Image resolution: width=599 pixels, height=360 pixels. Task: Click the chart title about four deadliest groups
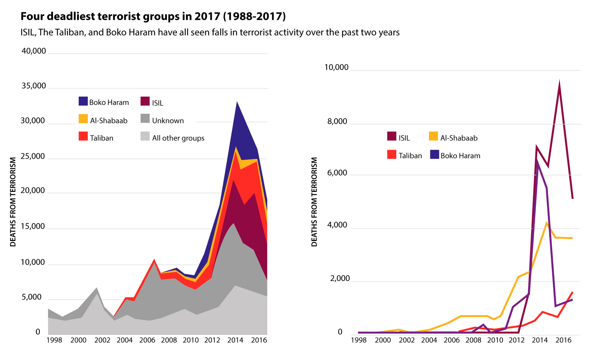click(x=153, y=16)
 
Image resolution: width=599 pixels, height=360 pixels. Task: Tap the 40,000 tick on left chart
click(x=34, y=51)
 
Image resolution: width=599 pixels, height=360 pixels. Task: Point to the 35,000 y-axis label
click(x=34, y=86)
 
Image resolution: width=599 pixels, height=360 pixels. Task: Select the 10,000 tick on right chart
click(x=336, y=67)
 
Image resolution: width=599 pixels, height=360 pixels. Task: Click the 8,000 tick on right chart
click(x=337, y=122)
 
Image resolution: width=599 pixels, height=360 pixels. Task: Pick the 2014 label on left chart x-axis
click(x=235, y=340)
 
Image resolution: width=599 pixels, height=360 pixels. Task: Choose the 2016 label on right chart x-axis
click(x=563, y=340)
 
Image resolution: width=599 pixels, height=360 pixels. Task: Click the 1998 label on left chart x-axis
click(x=54, y=340)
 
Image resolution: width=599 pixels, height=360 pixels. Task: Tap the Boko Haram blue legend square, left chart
click(x=83, y=101)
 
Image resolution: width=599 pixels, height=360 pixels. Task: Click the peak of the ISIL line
click(x=559, y=81)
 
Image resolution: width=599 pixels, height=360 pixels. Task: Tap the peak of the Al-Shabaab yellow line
click(x=547, y=223)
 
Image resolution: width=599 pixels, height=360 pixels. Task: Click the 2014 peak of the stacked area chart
click(x=237, y=102)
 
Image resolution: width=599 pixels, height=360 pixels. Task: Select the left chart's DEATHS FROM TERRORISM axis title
click(x=13, y=202)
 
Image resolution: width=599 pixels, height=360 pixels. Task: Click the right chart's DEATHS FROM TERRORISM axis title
click(x=314, y=202)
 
